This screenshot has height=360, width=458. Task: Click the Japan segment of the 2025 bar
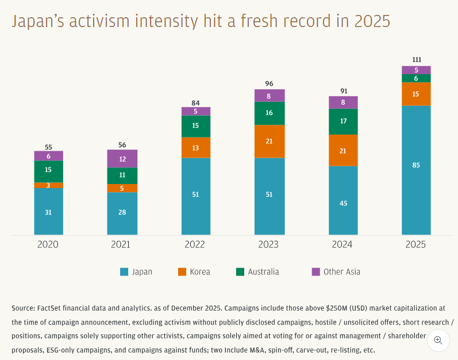click(x=415, y=170)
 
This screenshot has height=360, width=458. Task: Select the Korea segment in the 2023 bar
click(x=269, y=141)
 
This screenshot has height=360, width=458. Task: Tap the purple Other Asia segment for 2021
click(x=122, y=159)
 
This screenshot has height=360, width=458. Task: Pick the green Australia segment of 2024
click(x=342, y=121)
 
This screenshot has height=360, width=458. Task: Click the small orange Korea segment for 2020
click(x=48, y=185)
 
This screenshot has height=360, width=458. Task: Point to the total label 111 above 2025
click(x=416, y=60)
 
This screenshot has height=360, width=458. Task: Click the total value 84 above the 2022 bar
click(x=195, y=103)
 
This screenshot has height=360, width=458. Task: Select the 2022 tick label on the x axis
click(x=195, y=244)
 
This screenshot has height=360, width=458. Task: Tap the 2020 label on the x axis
click(x=48, y=244)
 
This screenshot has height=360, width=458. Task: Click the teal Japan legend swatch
click(x=124, y=272)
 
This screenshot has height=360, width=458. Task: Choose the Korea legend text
click(x=200, y=272)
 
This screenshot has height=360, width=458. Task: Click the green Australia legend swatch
click(x=240, y=272)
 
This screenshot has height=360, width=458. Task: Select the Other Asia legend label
click(x=341, y=272)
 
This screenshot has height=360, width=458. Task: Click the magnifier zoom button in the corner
click(x=438, y=340)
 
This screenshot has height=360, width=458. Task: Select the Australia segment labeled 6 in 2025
click(x=415, y=78)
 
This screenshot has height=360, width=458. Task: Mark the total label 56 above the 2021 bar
click(x=122, y=145)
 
